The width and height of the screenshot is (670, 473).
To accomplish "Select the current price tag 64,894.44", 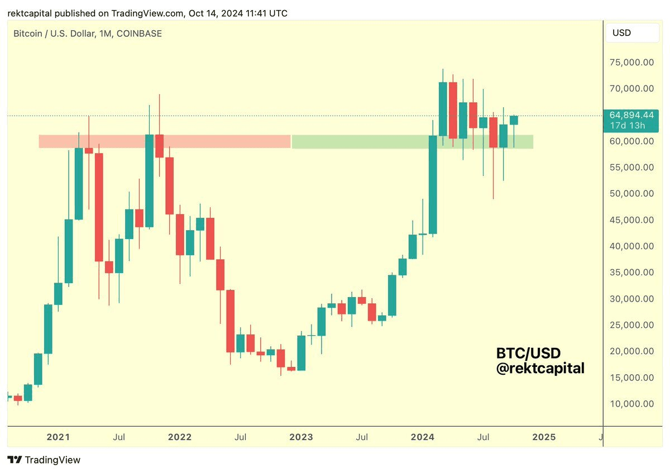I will pos(631,115).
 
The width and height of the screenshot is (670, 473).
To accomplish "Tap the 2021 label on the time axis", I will pos(58,437).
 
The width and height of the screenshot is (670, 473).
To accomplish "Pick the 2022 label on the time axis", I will pos(180,437).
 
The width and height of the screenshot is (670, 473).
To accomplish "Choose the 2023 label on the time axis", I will pos(301,437).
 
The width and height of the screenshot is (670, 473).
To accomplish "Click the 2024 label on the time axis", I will pos(422,437).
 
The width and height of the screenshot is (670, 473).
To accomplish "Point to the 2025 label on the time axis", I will pos(544,437).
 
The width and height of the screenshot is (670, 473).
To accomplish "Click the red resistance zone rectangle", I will pos(165,141).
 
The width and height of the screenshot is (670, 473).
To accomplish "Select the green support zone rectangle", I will pos(412,141).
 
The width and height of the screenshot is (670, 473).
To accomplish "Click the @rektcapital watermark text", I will pos(540,368).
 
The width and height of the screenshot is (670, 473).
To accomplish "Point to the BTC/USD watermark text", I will pos(528,353).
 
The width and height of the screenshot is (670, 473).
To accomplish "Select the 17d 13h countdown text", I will pos(627,125).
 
